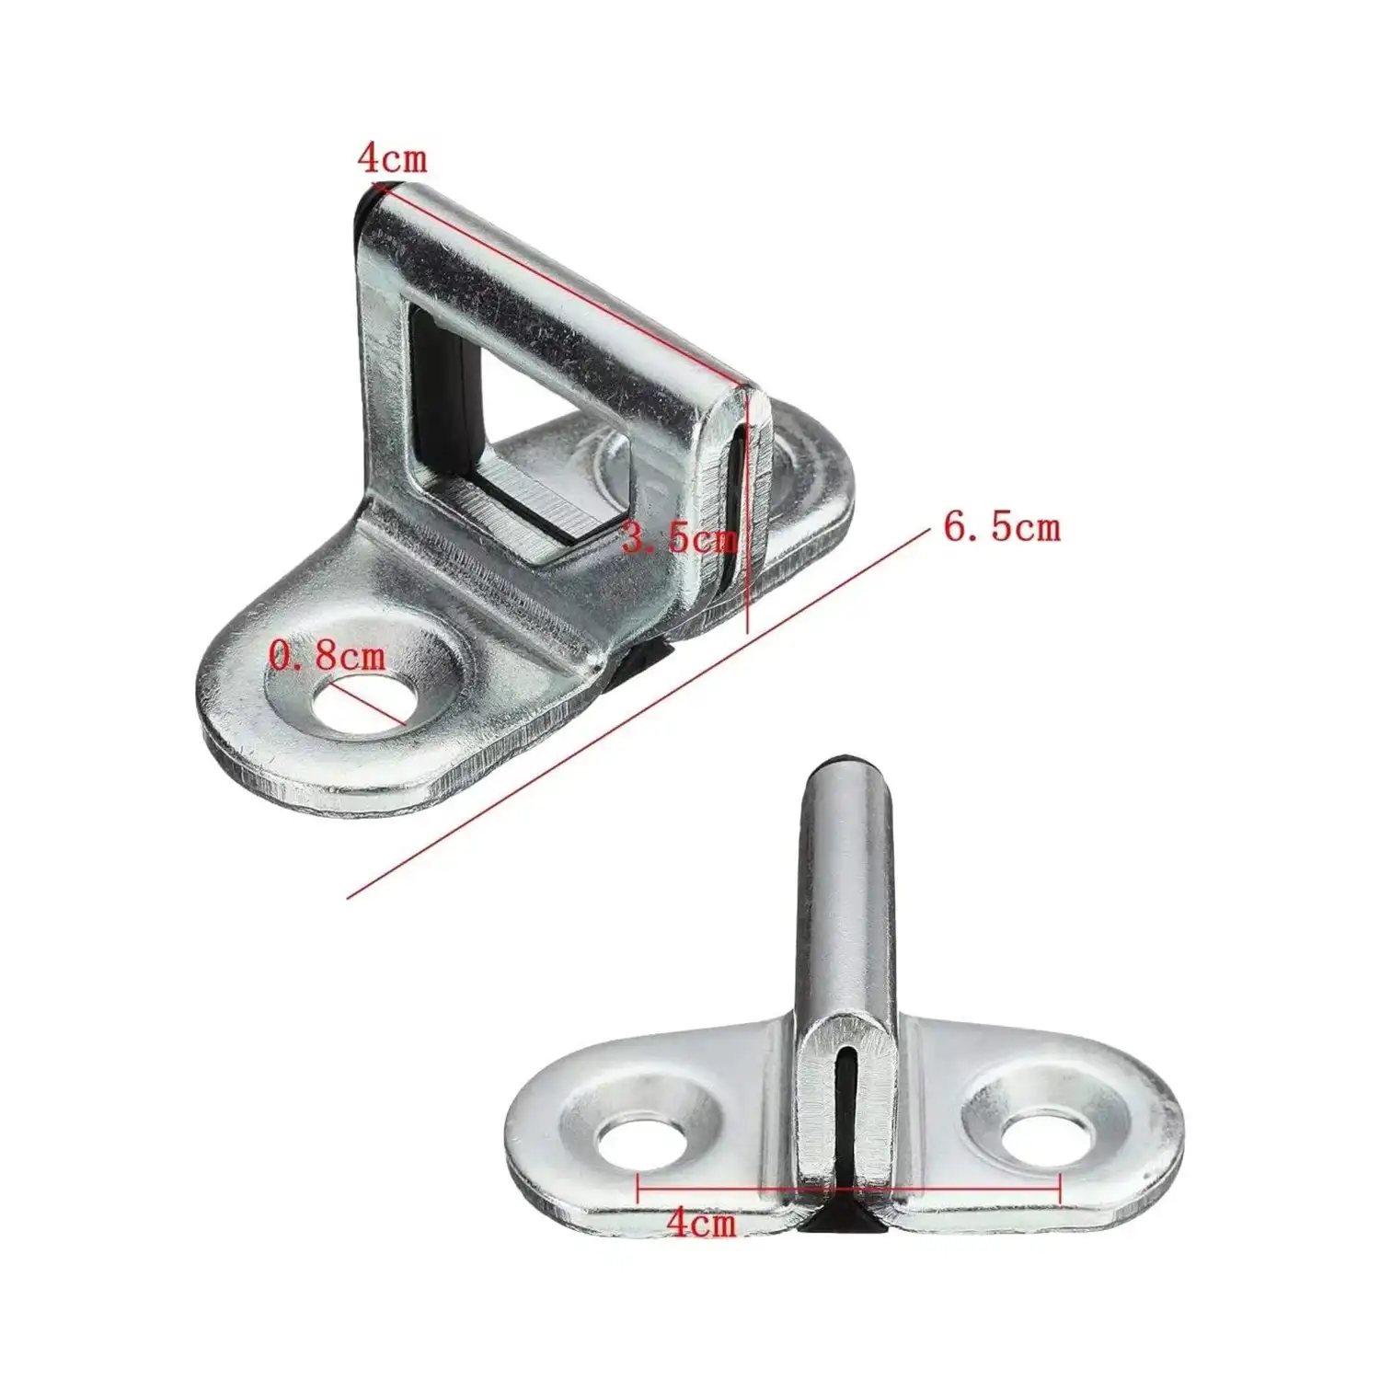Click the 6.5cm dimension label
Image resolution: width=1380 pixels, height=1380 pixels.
click(x=1001, y=527)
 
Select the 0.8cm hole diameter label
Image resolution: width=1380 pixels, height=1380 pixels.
click(x=327, y=656)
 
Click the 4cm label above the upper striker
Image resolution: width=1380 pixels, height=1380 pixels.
click(x=393, y=158)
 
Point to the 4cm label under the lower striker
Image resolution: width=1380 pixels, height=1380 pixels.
click(x=701, y=1224)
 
